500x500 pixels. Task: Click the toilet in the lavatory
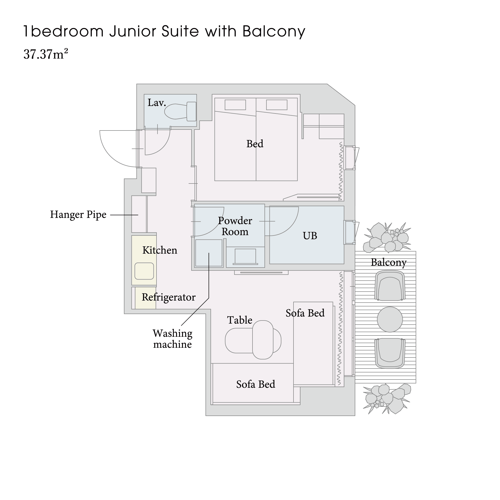click(181, 111)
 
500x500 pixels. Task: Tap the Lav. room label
click(156, 103)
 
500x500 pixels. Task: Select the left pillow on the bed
click(235, 105)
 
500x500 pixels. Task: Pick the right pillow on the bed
click(277, 105)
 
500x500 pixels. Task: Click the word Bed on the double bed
click(255, 144)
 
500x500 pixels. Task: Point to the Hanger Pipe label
click(78, 215)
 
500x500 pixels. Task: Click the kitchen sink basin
click(144, 271)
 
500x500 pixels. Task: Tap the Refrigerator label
click(168, 297)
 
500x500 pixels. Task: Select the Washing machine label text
click(172, 339)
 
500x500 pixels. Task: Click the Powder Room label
click(235, 226)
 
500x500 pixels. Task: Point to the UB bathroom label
click(310, 236)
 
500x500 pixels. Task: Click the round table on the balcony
click(390, 319)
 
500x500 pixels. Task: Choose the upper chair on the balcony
click(390, 285)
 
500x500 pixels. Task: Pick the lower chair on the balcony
click(390, 353)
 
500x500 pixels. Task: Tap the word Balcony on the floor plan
click(388, 262)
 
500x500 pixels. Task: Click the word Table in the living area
click(240, 320)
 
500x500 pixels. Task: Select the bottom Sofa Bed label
click(256, 384)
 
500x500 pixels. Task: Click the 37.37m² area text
click(46, 54)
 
